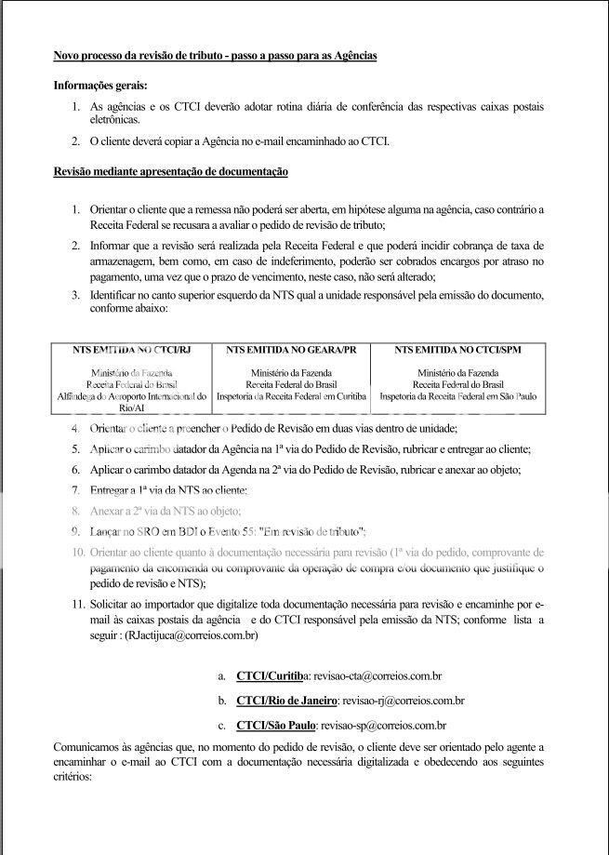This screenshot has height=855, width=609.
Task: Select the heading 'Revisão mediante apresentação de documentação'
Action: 170,172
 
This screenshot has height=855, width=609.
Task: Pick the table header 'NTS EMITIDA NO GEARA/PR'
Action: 291,350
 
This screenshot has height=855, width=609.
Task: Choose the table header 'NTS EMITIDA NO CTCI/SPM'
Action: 457,350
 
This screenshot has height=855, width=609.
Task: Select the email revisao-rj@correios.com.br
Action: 403,701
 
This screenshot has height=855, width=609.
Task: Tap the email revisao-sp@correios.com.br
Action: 382,725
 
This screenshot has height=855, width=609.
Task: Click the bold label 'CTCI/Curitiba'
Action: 273,676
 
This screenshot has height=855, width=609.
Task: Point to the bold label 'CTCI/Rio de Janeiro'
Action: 286,701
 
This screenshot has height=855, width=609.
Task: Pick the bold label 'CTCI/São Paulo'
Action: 276,725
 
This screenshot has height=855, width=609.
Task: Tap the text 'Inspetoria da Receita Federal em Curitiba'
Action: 291,395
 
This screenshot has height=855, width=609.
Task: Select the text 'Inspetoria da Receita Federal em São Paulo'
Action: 457,395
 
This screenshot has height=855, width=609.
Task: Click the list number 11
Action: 77,605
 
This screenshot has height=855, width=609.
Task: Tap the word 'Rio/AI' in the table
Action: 131,407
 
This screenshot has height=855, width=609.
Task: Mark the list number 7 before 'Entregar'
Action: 76,489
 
